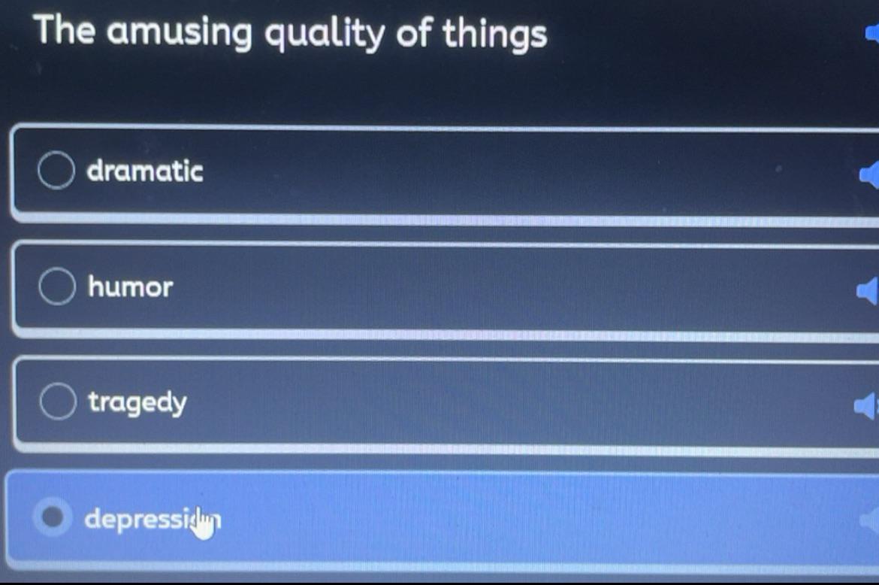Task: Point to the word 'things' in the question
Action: tap(494, 35)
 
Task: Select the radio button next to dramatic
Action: tap(56, 171)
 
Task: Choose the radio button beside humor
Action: tap(57, 286)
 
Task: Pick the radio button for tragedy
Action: tap(57, 402)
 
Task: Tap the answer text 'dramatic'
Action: tap(145, 171)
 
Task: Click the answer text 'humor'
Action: tap(131, 286)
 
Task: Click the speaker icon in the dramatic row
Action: tap(870, 174)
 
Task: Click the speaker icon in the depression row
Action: tap(871, 520)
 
